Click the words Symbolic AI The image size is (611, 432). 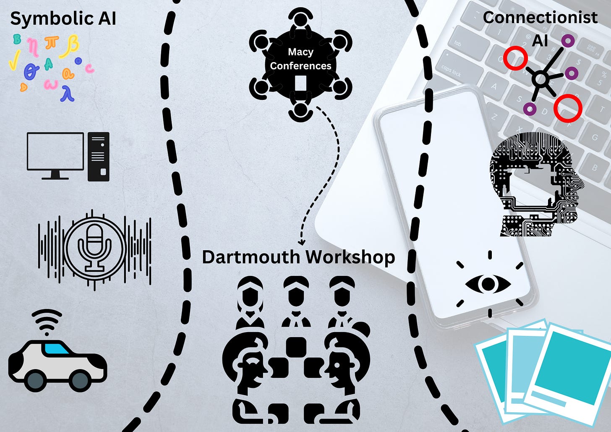point(63,19)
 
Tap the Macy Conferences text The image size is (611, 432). point(300,59)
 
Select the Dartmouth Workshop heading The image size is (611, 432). point(298,257)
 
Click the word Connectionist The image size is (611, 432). point(540,18)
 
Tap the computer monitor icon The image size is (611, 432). point(55,152)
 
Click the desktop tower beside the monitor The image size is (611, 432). point(99,157)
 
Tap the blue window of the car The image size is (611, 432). point(57,348)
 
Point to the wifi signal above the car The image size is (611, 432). point(47,321)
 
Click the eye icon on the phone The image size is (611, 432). point(488,284)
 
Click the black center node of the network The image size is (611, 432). point(541,79)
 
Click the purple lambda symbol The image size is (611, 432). point(67,94)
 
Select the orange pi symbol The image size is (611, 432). point(52,43)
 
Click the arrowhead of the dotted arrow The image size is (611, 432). point(301,242)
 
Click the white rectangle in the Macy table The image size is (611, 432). point(300,83)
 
